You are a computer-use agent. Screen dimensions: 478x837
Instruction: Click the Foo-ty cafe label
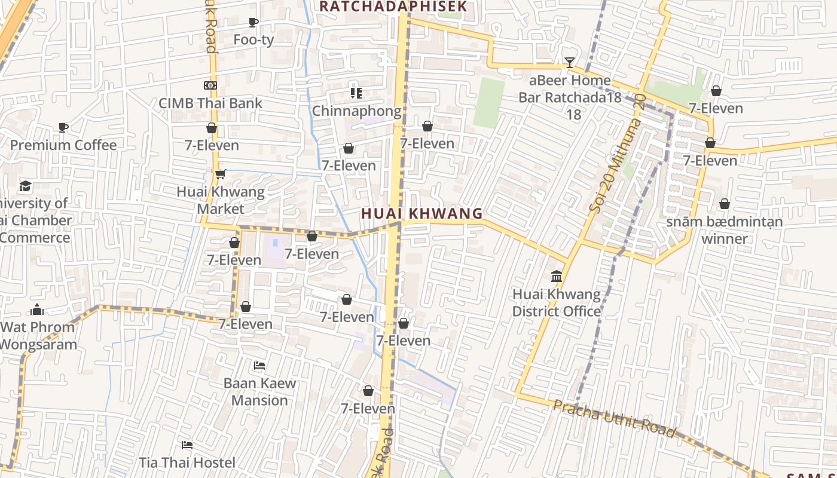tap(253, 40)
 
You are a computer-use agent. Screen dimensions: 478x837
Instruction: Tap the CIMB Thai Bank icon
tap(210, 85)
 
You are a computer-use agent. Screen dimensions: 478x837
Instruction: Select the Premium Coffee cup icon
tap(63, 127)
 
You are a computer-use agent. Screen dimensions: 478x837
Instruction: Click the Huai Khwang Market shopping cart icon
tap(220, 174)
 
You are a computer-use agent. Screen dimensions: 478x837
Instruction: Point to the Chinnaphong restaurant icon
tap(356, 93)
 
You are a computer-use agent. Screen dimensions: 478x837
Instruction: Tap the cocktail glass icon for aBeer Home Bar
tap(569, 62)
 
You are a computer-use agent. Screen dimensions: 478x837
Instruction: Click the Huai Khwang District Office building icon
tap(557, 276)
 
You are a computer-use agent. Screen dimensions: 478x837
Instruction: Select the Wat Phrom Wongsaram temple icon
tap(37, 310)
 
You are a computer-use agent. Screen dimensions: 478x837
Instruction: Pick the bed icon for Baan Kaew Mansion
tap(259, 365)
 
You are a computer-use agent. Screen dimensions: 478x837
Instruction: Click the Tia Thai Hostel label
tap(187, 462)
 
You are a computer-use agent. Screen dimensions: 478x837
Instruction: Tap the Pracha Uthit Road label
tap(614, 418)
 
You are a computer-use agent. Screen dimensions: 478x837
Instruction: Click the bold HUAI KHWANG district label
tap(421, 213)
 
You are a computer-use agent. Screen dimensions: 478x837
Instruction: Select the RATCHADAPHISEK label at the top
tap(392, 7)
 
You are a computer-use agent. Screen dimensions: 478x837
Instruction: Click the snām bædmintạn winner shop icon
tap(725, 204)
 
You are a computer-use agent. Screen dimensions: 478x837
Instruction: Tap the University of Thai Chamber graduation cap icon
tap(25, 186)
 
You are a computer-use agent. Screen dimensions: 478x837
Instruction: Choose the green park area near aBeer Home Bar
tap(489, 103)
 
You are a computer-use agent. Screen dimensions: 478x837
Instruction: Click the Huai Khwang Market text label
tap(221, 200)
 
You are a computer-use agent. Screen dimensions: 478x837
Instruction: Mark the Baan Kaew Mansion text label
tap(259, 391)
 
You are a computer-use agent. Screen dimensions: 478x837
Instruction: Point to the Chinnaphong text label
tap(357, 111)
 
